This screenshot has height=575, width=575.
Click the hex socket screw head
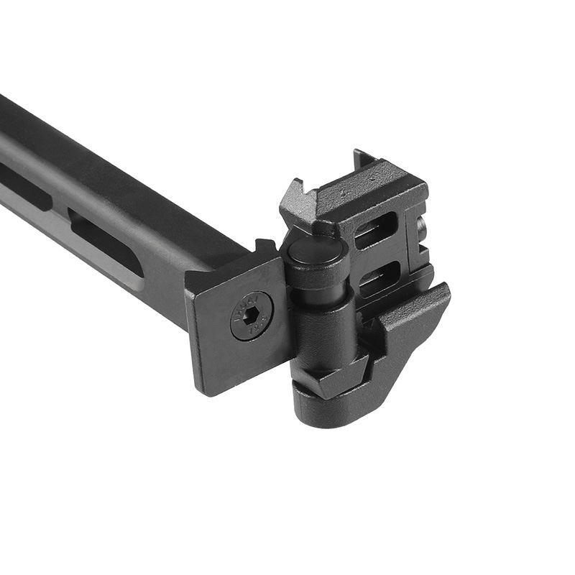[x=252, y=316]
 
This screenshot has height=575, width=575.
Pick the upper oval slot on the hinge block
[x=374, y=229]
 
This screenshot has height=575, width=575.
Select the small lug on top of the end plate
[x=265, y=248]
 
